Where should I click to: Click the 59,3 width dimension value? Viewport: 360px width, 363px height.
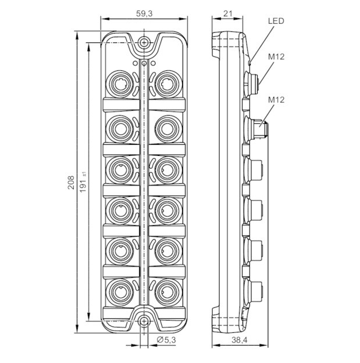[144, 13]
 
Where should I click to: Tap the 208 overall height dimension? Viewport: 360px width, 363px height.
[71, 183]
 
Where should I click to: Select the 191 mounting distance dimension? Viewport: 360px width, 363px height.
[83, 182]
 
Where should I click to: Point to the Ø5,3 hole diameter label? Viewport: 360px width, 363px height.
[166, 340]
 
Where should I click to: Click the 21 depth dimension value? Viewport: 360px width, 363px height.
[228, 13]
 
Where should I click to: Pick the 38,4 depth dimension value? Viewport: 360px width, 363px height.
[240, 340]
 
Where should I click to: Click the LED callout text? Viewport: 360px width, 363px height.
[276, 21]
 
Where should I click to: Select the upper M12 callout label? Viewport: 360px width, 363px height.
[276, 57]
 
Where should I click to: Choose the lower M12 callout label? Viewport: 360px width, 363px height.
[276, 100]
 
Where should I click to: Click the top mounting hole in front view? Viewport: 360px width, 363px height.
[144, 42]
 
